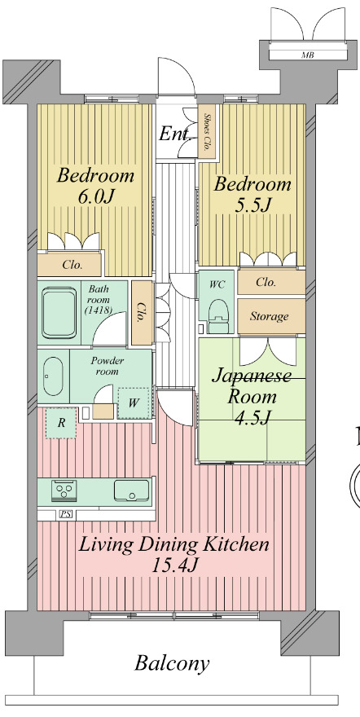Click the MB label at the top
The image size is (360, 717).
click(x=307, y=55)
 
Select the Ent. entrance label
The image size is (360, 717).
click(x=175, y=134)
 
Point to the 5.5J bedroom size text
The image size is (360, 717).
click(x=252, y=205)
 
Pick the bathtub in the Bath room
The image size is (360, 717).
click(x=59, y=313)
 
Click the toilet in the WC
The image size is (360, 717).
click(x=217, y=313)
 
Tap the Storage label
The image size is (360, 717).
click(x=269, y=316)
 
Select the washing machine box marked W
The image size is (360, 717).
click(x=134, y=403)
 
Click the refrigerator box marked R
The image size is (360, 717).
click(x=61, y=423)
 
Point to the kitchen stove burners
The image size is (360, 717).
click(x=64, y=490)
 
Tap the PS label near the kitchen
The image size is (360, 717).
click(x=64, y=514)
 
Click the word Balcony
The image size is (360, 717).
click(x=172, y=662)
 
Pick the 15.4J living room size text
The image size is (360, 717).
click(x=174, y=565)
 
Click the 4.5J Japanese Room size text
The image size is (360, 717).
click(x=252, y=416)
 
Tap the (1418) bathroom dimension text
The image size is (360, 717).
click(x=99, y=311)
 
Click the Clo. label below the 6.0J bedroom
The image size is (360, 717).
click(x=72, y=266)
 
